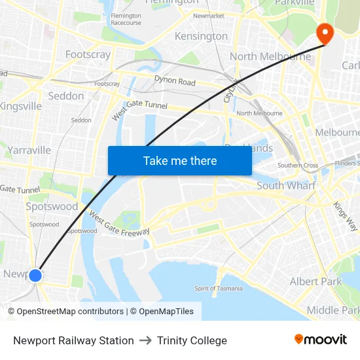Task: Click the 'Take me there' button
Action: click(180, 160)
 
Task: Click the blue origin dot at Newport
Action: click(35, 276)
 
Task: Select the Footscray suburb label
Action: click(88, 54)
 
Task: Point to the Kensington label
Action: click(201, 36)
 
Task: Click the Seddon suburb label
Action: click(66, 96)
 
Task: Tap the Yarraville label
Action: click(29, 150)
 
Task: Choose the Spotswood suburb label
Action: click(52, 206)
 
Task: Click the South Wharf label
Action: click(286, 186)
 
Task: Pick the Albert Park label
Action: click(315, 281)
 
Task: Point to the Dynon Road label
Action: click(175, 81)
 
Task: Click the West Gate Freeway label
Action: click(118, 224)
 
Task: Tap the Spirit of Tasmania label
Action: click(219, 288)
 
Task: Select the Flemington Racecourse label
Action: click(126, 19)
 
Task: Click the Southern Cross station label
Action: click(297, 166)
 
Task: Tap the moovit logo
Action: click(320, 340)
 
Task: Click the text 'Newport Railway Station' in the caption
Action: click(73, 340)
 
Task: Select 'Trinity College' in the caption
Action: click(192, 340)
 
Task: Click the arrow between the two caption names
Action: click(145, 340)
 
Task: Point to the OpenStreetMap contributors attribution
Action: click(66, 312)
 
